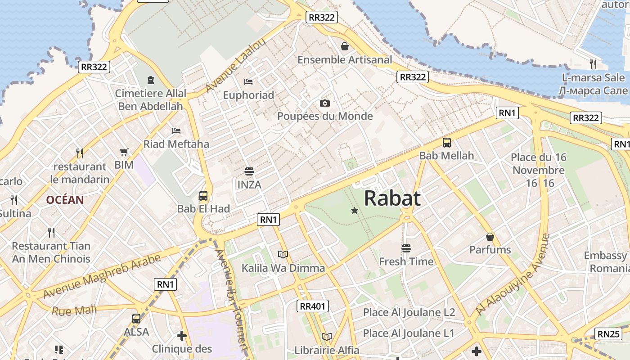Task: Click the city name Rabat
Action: click(x=392, y=198)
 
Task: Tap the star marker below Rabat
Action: click(x=355, y=210)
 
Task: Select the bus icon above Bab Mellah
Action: click(x=447, y=143)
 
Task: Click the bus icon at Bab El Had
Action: click(x=203, y=196)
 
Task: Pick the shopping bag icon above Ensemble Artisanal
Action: click(x=345, y=46)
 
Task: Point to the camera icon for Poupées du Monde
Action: click(x=325, y=103)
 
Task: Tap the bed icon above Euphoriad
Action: click(x=248, y=81)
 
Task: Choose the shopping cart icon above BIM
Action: click(x=124, y=152)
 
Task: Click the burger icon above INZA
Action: click(x=249, y=171)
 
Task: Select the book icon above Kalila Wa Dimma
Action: click(x=283, y=255)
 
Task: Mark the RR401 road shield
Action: click(x=313, y=306)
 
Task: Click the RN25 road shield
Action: click(x=608, y=334)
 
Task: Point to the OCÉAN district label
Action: click(x=65, y=200)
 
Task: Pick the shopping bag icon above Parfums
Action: click(x=490, y=237)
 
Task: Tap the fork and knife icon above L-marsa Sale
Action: click(x=593, y=64)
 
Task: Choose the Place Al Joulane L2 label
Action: click(x=409, y=312)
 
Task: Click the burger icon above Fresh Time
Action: click(x=406, y=248)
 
